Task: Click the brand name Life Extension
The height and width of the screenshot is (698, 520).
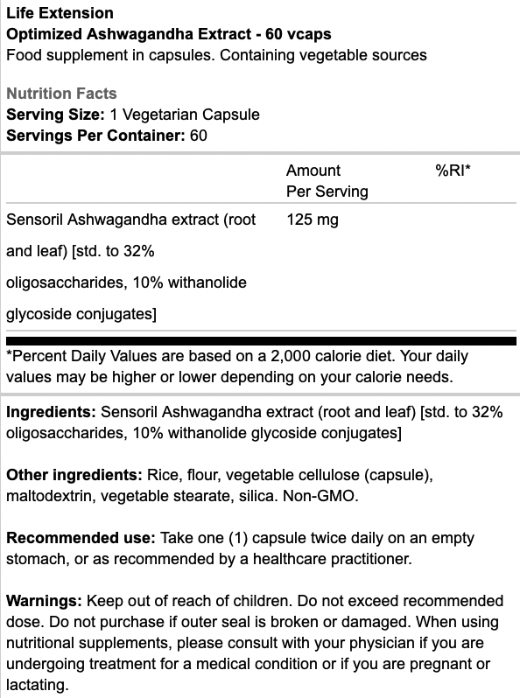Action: [60, 13]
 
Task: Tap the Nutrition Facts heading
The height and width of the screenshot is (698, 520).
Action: [61, 94]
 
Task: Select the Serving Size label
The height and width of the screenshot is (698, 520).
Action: [54, 115]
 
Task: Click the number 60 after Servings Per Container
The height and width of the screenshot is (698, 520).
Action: [198, 136]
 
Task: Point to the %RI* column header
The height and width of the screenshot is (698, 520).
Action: [453, 171]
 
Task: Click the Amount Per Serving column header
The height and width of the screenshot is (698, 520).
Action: [327, 180]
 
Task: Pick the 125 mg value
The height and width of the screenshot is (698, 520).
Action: [313, 220]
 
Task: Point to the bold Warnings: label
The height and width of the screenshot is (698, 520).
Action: [45, 601]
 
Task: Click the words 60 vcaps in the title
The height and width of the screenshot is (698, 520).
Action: [301, 34]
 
